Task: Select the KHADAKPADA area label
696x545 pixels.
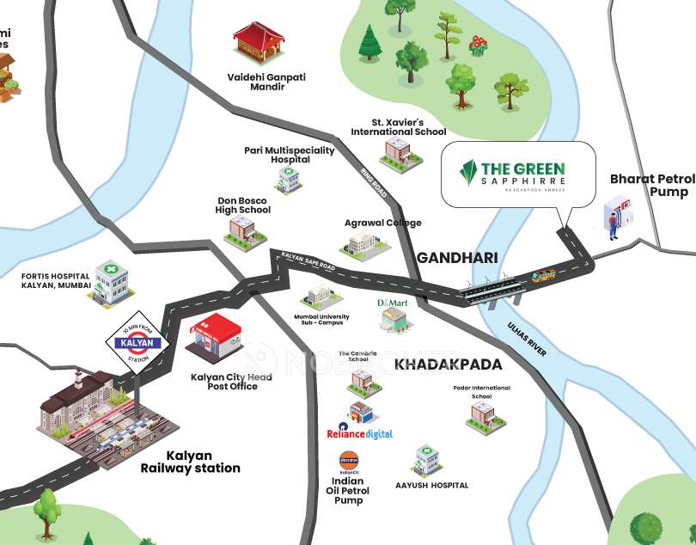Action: point(448,364)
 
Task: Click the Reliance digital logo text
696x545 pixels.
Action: point(360,434)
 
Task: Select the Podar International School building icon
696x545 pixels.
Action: point(481,414)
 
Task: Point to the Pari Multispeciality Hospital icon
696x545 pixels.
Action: point(288,180)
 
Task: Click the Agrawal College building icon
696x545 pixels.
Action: point(365,243)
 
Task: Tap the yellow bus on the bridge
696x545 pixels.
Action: point(543,277)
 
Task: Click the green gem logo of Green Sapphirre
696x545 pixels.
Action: point(469,175)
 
